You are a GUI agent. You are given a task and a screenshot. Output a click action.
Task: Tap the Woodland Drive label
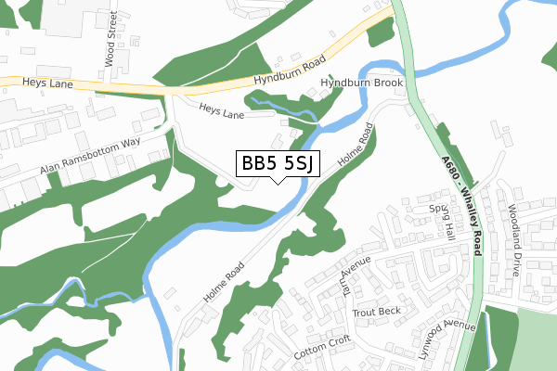point(512,241)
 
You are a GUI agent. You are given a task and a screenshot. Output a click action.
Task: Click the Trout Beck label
point(375,312)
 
